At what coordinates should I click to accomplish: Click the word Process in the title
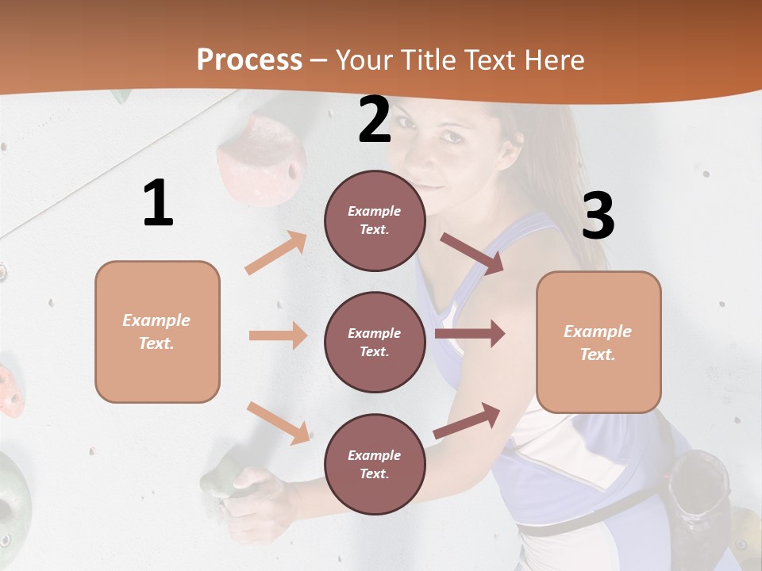[249, 59]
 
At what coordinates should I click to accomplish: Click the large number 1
[158, 203]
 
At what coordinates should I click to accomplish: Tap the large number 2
[375, 121]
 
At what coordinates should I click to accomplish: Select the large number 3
[598, 216]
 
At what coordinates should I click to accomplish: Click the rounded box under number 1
[157, 331]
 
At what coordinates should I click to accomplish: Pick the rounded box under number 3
[598, 342]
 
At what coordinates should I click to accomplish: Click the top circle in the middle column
[375, 220]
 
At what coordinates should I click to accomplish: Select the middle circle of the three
[375, 342]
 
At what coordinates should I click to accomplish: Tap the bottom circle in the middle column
[375, 464]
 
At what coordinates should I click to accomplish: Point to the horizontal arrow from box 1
[278, 335]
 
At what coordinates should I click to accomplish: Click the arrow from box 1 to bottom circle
[278, 422]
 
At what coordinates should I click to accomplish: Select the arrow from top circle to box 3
[472, 253]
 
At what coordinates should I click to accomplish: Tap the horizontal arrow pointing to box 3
[470, 334]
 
